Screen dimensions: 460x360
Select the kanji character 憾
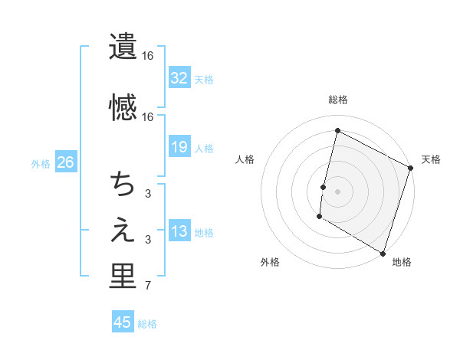pyautogui.click(x=123, y=107)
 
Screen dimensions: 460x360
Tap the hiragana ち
pyautogui.click(x=123, y=184)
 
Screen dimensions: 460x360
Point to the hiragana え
pyautogui.click(x=123, y=230)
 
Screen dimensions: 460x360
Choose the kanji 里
pyautogui.click(x=123, y=277)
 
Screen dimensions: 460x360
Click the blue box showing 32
pyautogui.click(x=179, y=77)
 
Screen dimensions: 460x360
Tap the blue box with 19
pyautogui.click(x=179, y=147)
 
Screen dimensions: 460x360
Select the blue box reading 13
pyautogui.click(x=179, y=231)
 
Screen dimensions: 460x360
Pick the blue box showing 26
pyautogui.click(x=65, y=162)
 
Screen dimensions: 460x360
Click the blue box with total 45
pyautogui.click(x=123, y=322)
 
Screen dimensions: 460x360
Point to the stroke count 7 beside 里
pyautogui.click(x=148, y=286)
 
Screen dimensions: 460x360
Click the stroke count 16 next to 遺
pyautogui.click(x=148, y=56)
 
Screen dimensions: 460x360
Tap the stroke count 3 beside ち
pyautogui.click(x=148, y=194)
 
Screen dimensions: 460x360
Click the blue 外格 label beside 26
pyautogui.click(x=41, y=163)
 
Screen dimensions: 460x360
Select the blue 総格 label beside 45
pyautogui.click(x=147, y=324)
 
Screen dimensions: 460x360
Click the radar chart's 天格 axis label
pyautogui.click(x=431, y=159)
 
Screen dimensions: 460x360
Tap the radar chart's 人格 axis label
pyautogui.click(x=245, y=159)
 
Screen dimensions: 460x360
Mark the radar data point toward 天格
pyautogui.click(x=411, y=168)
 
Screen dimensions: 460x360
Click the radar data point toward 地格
pyautogui.click(x=383, y=253)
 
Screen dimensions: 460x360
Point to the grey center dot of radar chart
pyautogui.click(x=337, y=190)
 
